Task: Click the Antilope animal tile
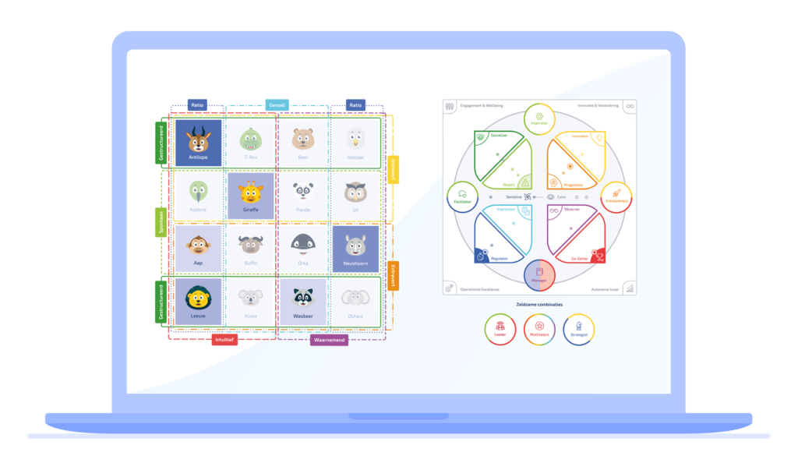pos(198,142)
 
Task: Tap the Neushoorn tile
pos(355,249)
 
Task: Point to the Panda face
pos(303,191)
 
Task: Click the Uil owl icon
pos(355,191)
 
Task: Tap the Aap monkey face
pos(198,245)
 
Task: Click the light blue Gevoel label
pos(277,104)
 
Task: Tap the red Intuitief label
pos(224,340)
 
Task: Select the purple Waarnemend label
pos(329,340)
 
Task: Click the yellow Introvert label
pos(394,168)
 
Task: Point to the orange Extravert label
pos(394,275)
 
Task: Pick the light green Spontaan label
pos(161,222)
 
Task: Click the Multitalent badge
pos(539,329)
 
